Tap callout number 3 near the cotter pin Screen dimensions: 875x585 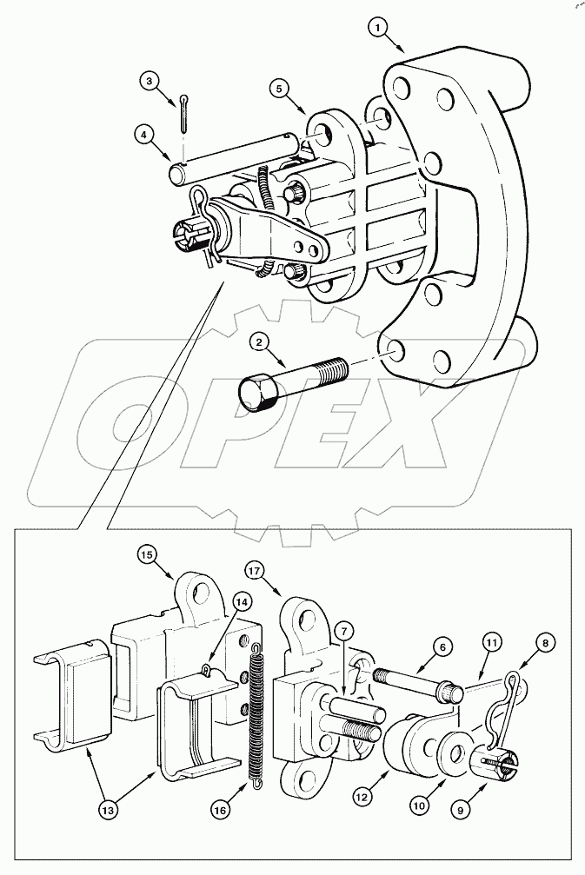point(150,82)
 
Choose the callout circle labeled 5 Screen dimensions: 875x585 point(277,88)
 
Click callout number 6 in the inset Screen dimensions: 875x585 point(442,646)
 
